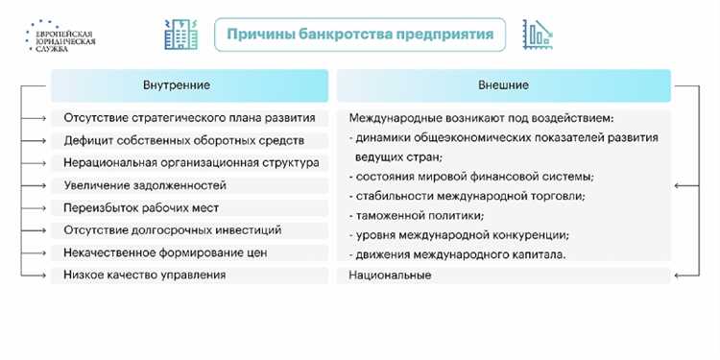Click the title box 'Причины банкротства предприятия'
click(x=359, y=36)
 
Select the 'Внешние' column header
click(x=503, y=85)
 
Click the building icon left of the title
click(x=180, y=36)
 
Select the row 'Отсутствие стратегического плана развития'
click(x=189, y=118)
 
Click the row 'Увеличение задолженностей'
click(x=145, y=185)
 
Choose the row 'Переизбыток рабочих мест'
click(x=141, y=207)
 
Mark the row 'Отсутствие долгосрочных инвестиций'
click(x=172, y=230)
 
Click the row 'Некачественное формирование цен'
click(x=164, y=252)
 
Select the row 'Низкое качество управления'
click(x=145, y=276)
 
